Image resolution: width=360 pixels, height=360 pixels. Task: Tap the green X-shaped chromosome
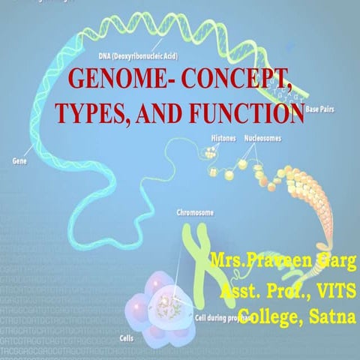[x=196, y=259]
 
